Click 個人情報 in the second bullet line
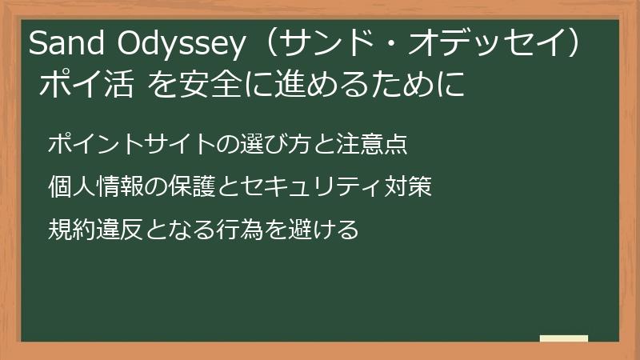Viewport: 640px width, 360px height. coord(94,188)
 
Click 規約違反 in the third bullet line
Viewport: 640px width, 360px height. coord(94,230)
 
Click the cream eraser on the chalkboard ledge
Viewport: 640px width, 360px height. coord(563,339)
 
